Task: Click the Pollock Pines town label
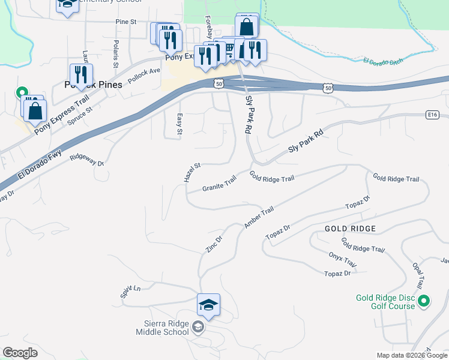[93, 85]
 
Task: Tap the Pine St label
[126, 22]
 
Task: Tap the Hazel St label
[191, 172]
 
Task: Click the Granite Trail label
[219, 184]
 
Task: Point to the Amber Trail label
[259, 217]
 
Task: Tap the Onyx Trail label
[343, 260]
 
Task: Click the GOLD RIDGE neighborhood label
[350, 229]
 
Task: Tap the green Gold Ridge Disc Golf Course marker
[424, 301]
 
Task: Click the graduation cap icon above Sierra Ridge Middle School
[208, 305]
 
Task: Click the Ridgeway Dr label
[86, 159]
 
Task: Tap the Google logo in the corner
[20, 353]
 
